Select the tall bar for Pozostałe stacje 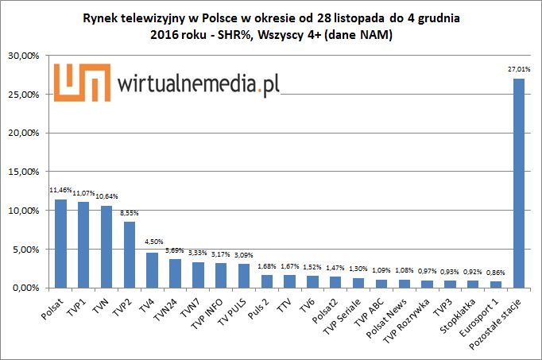pyautogui.click(x=519, y=183)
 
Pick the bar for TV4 pyautogui.click(x=153, y=270)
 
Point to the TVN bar pyautogui.click(x=106, y=246)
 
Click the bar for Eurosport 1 pyautogui.click(x=496, y=285)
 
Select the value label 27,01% pyautogui.click(x=518, y=71)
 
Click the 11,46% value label pyautogui.click(x=61, y=191)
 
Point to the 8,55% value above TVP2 pyautogui.click(x=130, y=213)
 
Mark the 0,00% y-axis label pyautogui.click(x=26, y=288)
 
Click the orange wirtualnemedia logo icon pyautogui.click(x=83, y=83)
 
